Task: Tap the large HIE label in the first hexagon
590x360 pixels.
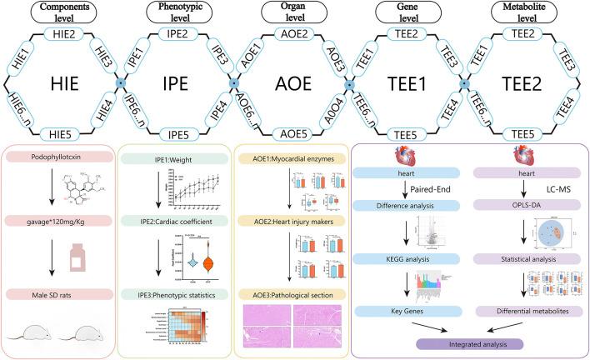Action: tap(62, 85)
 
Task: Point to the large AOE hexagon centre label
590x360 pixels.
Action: tap(293, 85)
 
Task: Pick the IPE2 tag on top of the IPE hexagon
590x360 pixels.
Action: tap(177, 35)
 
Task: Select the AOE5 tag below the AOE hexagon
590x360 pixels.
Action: tap(293, 134)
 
